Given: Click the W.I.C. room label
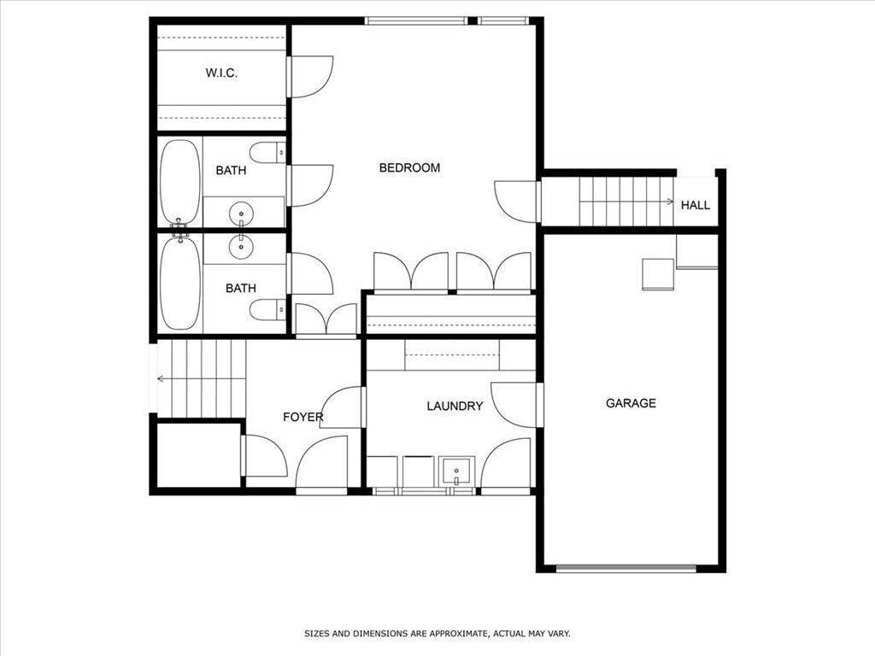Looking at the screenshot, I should (x=221, y=73).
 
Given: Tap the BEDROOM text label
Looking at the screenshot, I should (x=409, y=167).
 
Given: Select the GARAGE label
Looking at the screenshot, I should (x=631, y=403).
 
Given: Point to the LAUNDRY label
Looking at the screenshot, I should (x=455, y=407).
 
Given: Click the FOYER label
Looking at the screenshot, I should (x=303, y=417).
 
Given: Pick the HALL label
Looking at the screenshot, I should (x=695, y=205).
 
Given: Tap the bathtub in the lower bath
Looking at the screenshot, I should (x=179, y=284).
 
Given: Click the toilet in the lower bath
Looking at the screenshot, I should (x=267, y=309).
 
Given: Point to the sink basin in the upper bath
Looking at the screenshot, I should (x=243, y=211).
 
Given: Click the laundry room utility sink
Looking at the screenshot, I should (x=457, y=470).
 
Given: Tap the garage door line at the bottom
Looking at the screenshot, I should (x=626, y=567).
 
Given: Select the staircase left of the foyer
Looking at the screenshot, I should (x=202, y=377).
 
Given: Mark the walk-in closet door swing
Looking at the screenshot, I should (x=309, y=76).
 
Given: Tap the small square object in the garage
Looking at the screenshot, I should (x=657, y=273).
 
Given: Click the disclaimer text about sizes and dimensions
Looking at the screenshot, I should (x=437, y=634).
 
